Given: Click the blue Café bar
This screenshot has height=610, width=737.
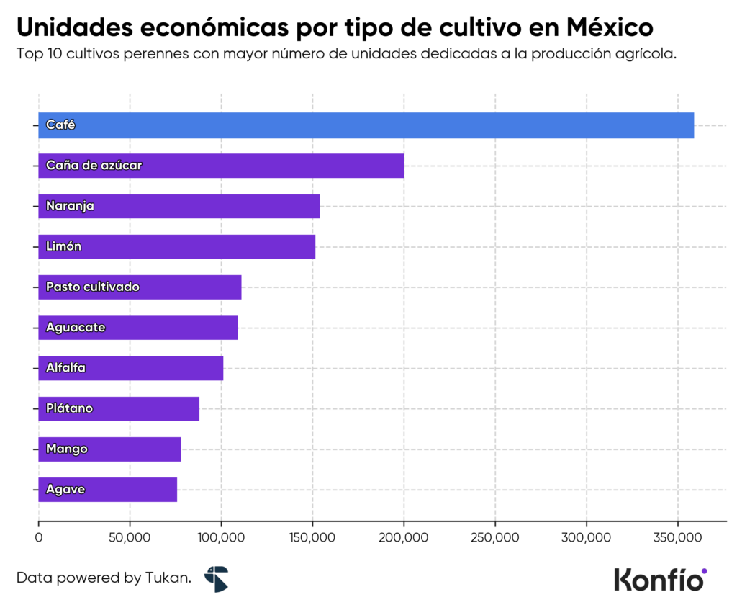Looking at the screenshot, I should tap(366, 125).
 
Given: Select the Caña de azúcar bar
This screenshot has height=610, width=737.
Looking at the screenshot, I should tap(221, 166).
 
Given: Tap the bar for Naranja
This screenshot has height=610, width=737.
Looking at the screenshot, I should tap(178, 206).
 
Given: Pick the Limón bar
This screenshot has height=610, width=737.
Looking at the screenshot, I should tap(176, 246).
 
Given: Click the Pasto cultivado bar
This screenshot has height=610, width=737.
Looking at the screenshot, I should tap(140, 287).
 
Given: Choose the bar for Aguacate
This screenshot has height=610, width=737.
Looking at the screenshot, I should tap(137, 327).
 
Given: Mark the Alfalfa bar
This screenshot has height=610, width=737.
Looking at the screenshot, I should tap(130, 368).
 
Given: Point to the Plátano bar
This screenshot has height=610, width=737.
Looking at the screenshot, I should tap(118, 408).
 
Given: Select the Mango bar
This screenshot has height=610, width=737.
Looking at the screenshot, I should tap(109, 449).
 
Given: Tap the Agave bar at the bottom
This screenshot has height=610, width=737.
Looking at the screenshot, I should tap(107, 490).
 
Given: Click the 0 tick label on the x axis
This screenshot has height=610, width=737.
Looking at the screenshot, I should tap(39, 537).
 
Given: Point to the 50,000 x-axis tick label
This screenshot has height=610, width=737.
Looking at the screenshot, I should tap(130, 537).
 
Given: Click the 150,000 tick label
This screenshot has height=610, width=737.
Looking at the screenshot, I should tap(312, 537).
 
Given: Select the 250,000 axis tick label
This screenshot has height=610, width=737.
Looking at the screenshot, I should tap(495, 537).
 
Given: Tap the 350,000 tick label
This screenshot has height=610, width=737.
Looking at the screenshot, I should tap(677, 537).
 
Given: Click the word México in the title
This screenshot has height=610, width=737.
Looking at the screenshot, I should tap(610, 27).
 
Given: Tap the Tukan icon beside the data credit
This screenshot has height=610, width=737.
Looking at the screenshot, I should tap(216, 578).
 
